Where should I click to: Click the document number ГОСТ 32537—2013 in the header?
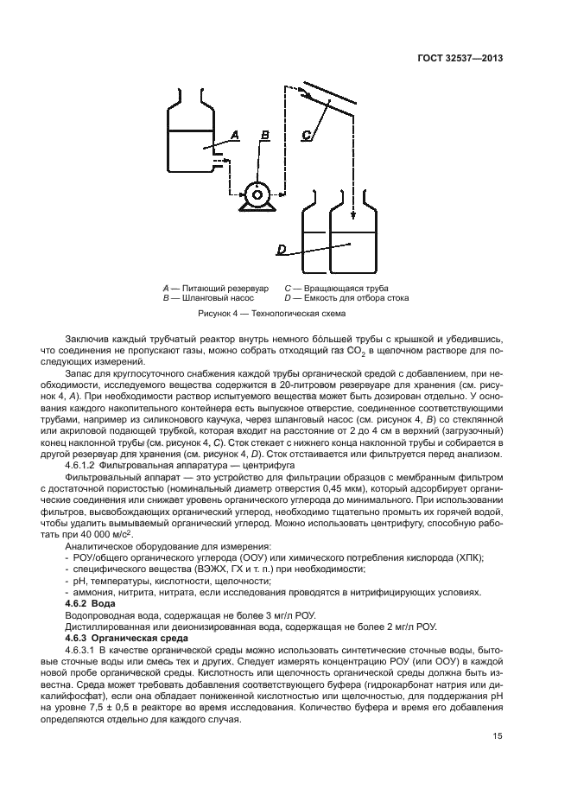456,58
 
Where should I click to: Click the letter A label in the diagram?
234,135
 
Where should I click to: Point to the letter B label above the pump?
265,135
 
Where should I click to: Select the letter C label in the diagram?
308,135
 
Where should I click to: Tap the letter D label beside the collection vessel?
282,250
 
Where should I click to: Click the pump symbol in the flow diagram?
257,194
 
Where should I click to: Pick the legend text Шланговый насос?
219,297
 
